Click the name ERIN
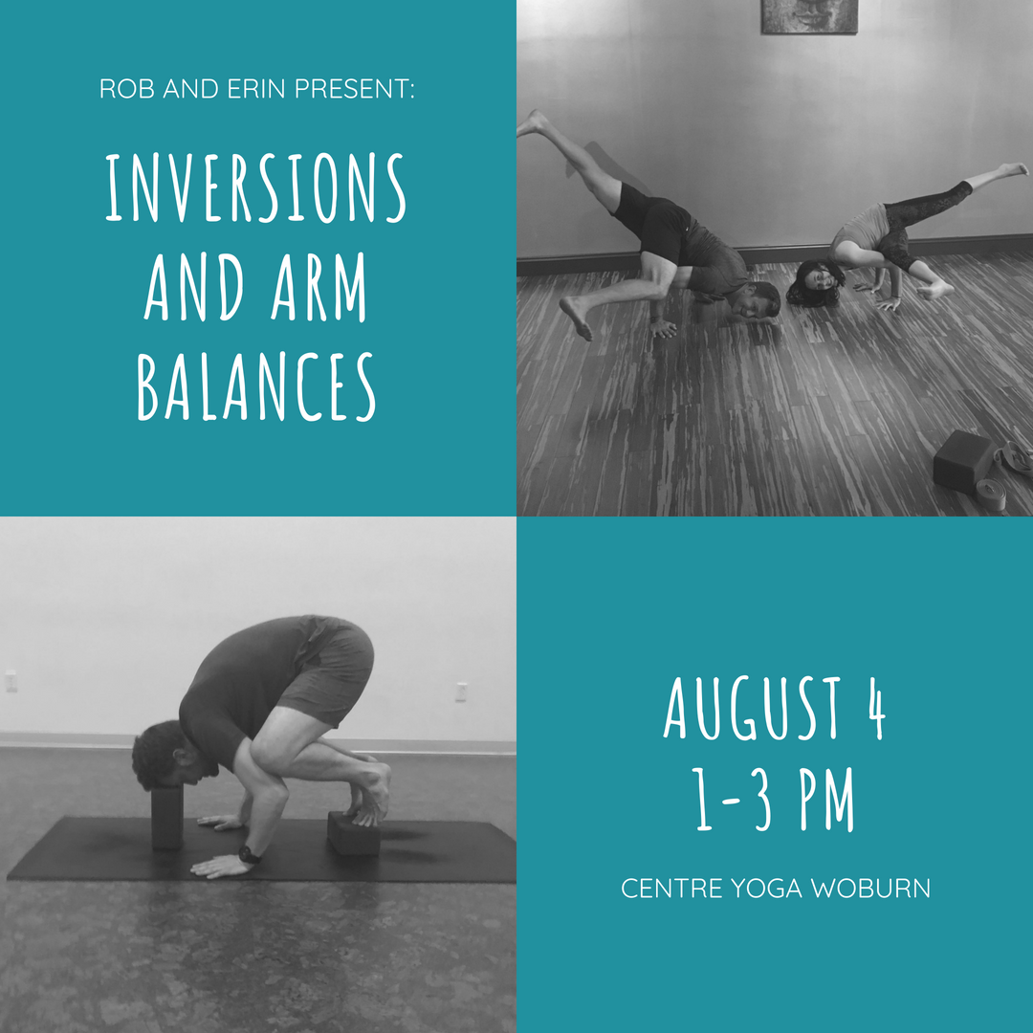pyautogui.click(x=240, y=91)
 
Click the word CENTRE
pyautogui.click(x=671, y=889)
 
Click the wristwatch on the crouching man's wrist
pyautogui.click(x=249, y=854)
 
